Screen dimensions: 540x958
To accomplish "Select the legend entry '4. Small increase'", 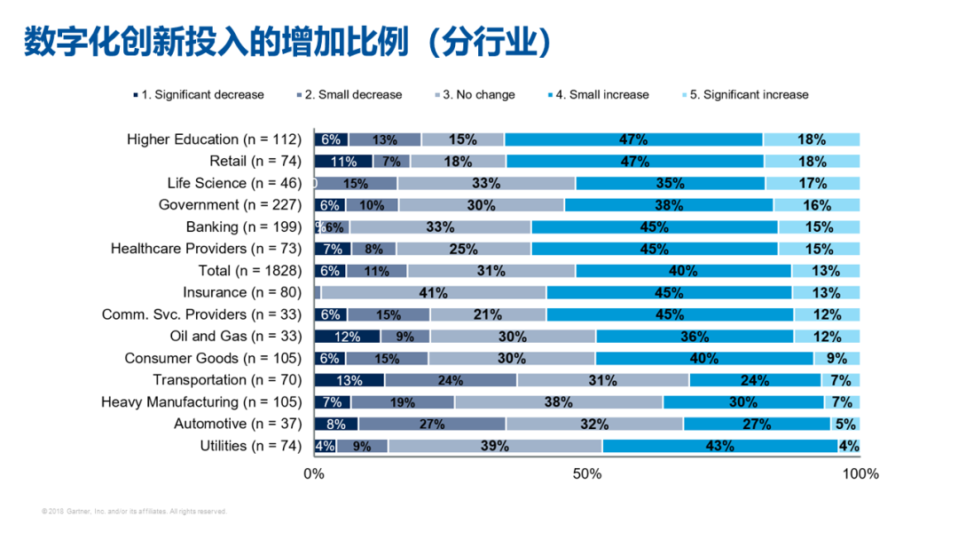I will coord(601,95).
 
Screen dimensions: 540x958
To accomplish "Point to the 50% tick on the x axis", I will coord(587,474).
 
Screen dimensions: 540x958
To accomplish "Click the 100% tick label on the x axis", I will coord(860,474).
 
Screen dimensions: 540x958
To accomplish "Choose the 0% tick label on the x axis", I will coord(314,474).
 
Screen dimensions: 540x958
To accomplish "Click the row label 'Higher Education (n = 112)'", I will coord(214,139).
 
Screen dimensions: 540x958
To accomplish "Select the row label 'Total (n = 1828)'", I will coord(251,271).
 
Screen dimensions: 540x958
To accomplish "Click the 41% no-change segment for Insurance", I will coord(434,292).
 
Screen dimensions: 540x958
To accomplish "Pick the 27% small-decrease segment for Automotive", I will coord(432,424).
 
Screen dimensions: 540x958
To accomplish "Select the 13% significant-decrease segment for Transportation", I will coord(349,380).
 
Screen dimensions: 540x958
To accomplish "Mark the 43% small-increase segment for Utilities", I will coord(719,446).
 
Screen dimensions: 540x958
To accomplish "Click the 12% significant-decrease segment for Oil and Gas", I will coord(347,337).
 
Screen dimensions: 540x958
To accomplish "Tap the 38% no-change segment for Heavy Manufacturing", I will coord(558,402).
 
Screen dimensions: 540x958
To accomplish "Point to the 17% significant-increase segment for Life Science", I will coord(813,183).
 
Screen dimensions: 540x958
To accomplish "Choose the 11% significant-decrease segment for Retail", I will coord(343,162).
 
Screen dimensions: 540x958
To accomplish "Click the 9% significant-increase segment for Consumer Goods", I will coord(836,358).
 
